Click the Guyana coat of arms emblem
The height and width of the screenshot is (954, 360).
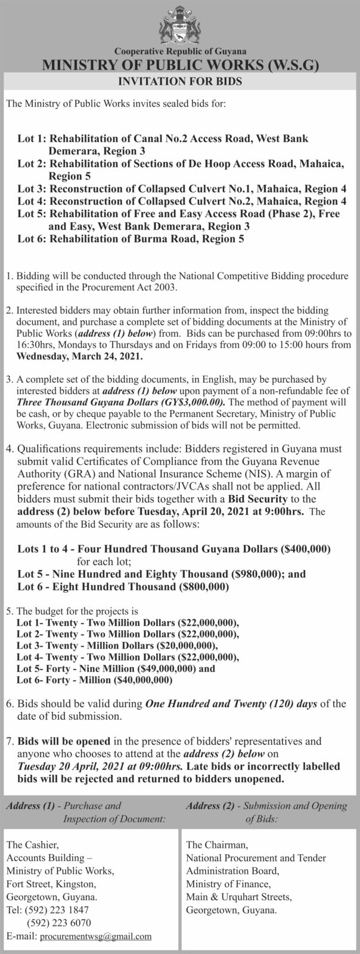(x=179, y=24)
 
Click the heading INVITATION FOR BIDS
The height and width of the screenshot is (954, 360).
(x=179, y=82)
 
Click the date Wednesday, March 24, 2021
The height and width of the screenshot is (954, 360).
(x=80, y=357)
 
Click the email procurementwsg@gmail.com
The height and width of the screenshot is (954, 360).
(x=95, y=937)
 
